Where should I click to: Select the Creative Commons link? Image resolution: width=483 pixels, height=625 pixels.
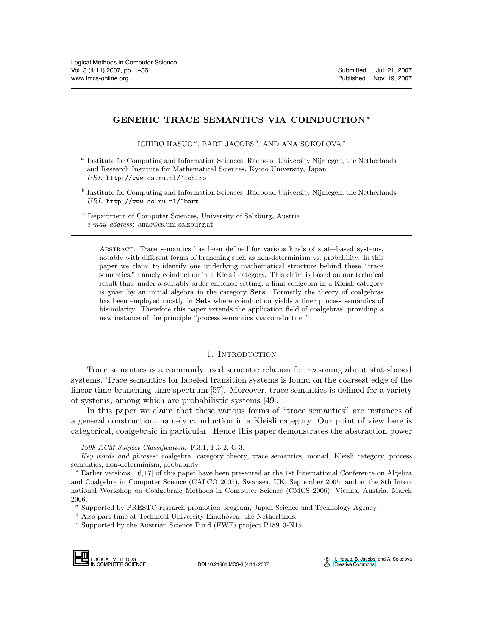(x=354, y=564)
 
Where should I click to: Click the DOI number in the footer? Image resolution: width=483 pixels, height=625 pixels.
(x=233, y=564)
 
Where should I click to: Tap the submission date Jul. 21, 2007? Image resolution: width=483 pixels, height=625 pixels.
(x=394, y=70)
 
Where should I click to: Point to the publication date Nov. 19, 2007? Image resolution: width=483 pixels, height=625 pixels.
(x=392, y=78)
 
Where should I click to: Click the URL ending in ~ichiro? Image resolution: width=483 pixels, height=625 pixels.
(x=156, y=178)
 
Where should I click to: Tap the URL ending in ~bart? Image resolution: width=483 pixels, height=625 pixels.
(x=152, y=202)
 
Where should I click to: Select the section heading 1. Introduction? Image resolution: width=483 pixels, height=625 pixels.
(x=241, y=355)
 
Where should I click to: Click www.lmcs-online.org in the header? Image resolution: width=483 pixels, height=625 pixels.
(x=100, y=78)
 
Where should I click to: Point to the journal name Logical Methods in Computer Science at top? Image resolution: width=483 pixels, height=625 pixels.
(x=124, y=62)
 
